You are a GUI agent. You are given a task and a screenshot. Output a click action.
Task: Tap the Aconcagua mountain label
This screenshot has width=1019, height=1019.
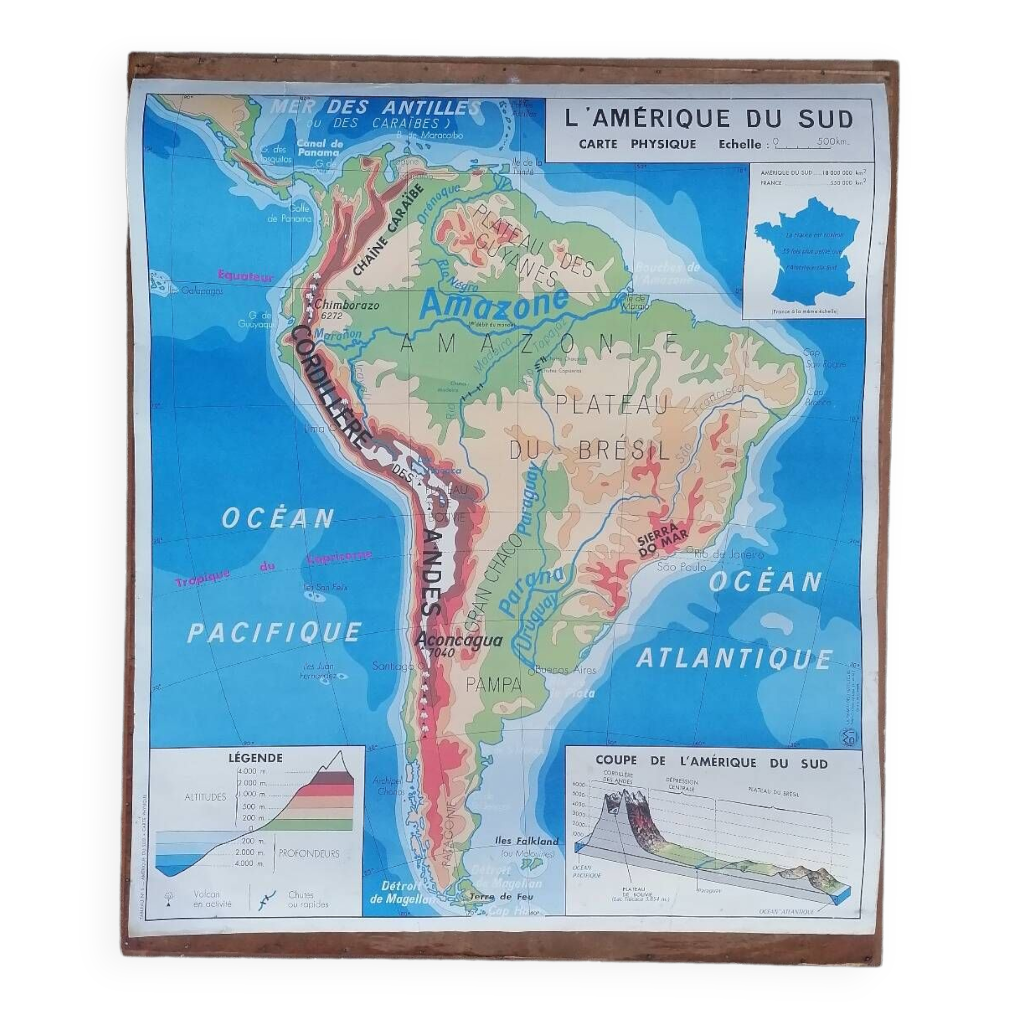(459, 640)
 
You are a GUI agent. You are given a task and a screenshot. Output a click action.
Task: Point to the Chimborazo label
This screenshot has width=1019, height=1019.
(346, 305)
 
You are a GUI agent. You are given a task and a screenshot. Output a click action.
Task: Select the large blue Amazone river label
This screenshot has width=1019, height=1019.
(494, 303)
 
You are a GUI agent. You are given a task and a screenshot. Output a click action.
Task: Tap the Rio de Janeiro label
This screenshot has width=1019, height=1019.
(729, 554)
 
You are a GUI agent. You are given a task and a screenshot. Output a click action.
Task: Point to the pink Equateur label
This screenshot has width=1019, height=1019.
(246, 275)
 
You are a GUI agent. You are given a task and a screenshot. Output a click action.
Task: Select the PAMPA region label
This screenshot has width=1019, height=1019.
(494, 685)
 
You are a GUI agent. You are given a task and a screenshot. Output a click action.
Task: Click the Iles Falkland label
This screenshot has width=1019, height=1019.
(526, 841)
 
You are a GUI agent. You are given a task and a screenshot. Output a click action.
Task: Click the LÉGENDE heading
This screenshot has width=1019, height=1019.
(255, 758)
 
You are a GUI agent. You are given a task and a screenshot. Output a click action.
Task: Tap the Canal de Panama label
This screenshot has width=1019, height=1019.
(319, 148)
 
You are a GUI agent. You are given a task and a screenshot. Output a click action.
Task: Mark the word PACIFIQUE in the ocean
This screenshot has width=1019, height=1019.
(274, 632)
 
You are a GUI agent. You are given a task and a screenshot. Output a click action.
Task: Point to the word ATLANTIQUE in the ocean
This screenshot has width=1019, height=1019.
(734, 659)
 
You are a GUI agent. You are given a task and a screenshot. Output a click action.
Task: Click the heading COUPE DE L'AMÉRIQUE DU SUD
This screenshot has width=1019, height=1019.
(711, 762)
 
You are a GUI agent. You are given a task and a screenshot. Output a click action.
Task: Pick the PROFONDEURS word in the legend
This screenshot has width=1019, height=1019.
(309, 853)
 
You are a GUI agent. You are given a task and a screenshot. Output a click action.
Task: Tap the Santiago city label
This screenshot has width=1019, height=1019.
(392, 666)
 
